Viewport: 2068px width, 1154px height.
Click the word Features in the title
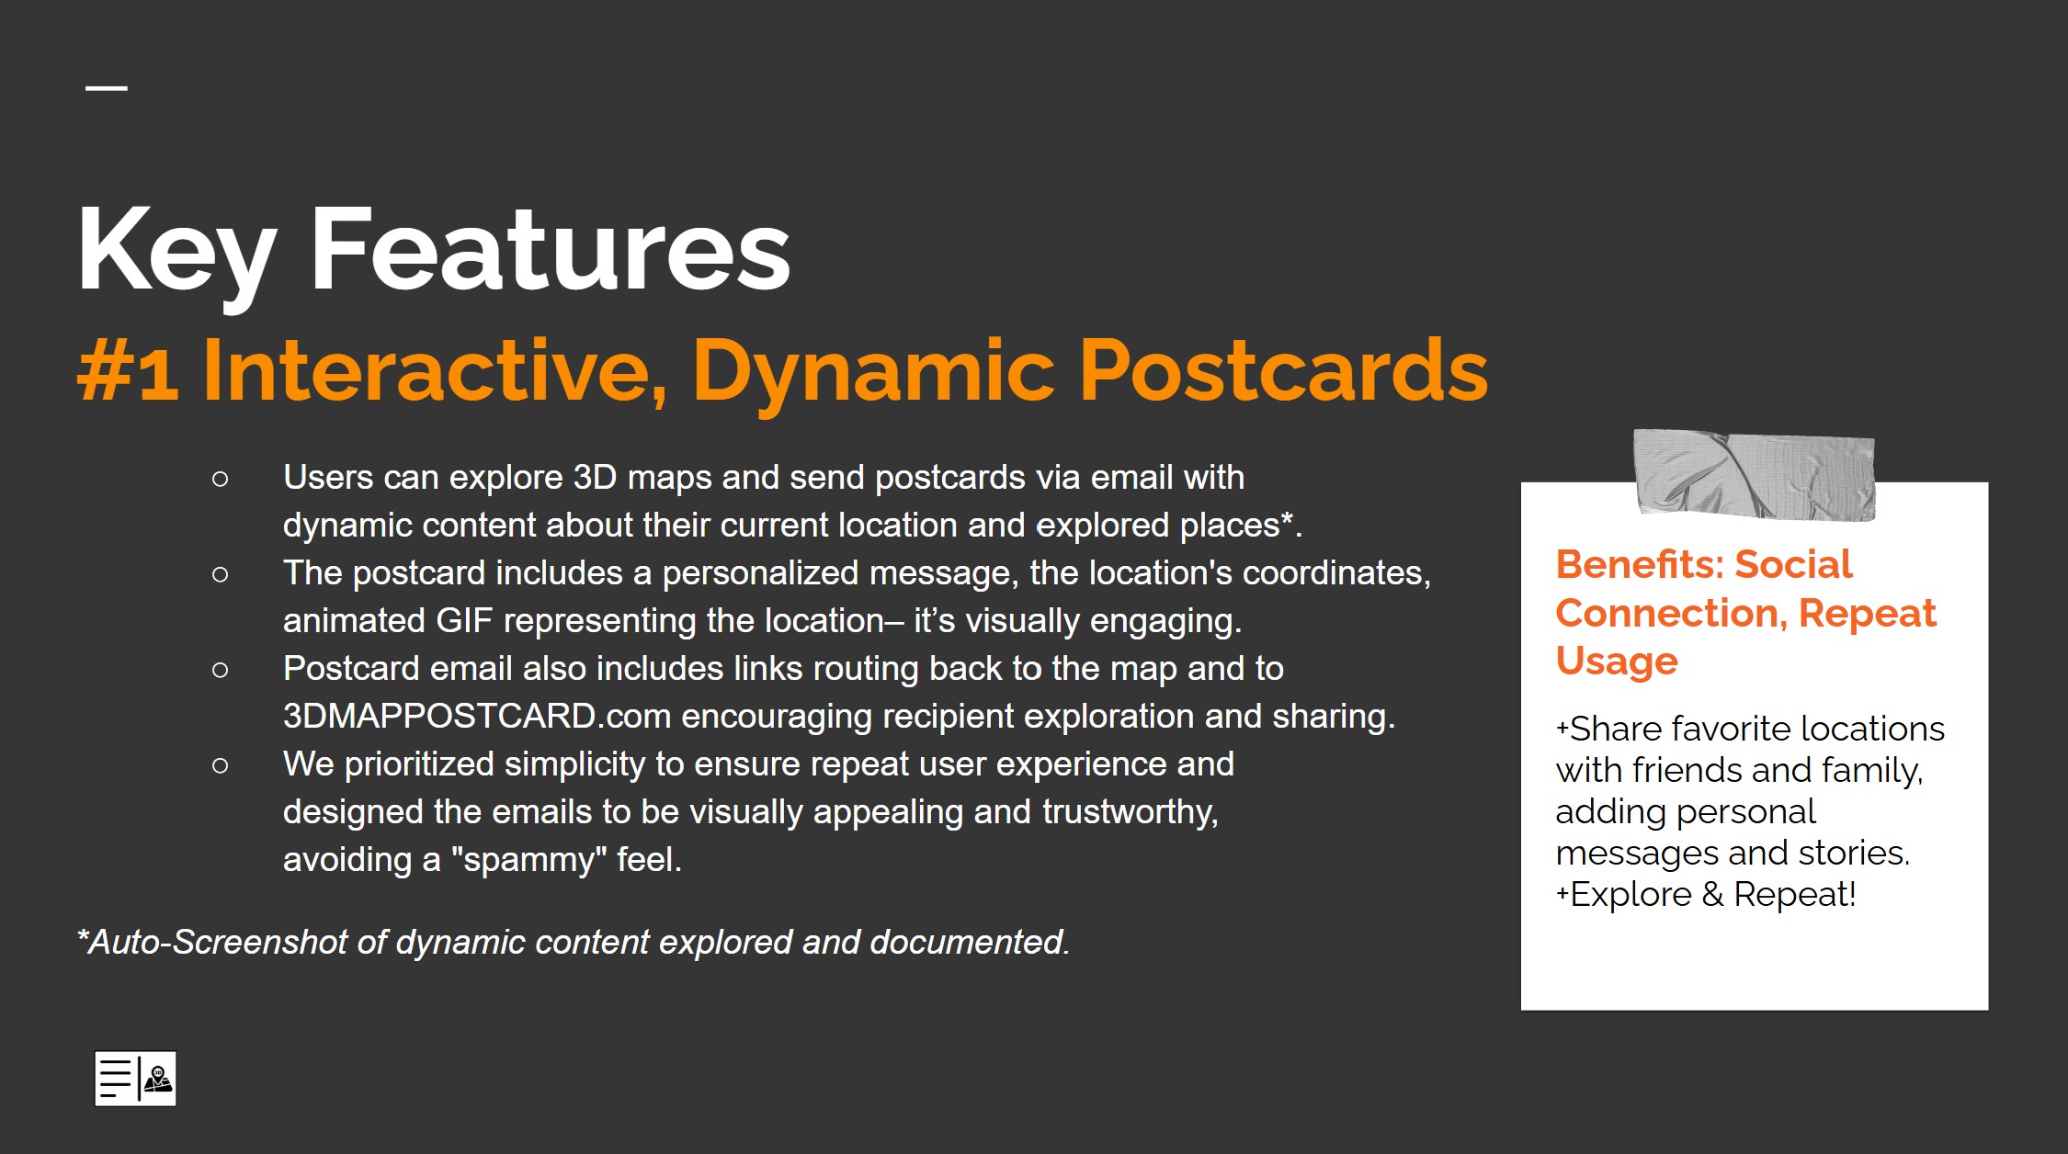click(x=551, y=248)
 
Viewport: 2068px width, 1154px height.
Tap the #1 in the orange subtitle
click(x=128, y=372)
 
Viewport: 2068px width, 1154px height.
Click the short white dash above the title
click(x=107, y=88)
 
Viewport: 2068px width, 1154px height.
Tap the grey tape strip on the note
click(x=1754, y=474)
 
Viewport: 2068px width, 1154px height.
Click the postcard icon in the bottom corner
click(x=135, y=1079)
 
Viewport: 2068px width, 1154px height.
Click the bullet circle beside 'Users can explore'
click(x=220, y=479)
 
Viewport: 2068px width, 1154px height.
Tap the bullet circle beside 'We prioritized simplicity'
click(x=220, y=765)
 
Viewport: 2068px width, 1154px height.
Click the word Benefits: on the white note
click(x=1639, y=564)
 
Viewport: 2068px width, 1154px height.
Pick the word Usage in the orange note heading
click(x=1617, y=662)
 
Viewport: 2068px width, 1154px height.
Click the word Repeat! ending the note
click(x=1795, y=894)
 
